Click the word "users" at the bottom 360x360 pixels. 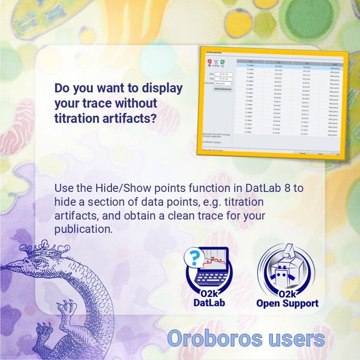tap(297, 339)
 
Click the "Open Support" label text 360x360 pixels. tap(287, 303)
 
